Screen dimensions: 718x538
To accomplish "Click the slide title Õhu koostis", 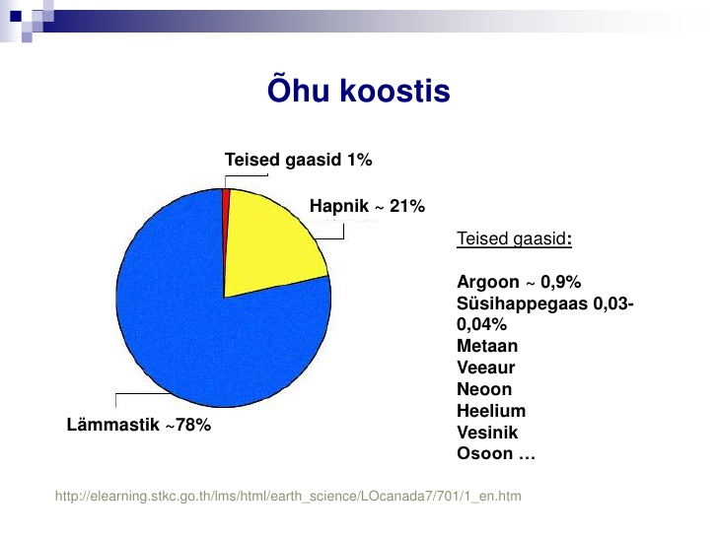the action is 359,90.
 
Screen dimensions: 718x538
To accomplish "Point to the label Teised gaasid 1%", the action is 298,160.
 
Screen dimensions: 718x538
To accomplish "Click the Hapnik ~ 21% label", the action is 367,206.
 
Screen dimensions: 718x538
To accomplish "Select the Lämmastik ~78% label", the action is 139,425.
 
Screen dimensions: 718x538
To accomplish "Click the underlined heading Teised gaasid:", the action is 514,238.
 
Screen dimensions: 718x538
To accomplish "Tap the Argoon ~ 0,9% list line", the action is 519,282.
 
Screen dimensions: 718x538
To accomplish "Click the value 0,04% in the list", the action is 481,324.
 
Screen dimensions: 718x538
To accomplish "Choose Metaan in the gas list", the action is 487,346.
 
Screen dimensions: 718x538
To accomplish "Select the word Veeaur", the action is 486,368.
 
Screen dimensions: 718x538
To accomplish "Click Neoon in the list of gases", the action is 484,389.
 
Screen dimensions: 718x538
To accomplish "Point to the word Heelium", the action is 491,410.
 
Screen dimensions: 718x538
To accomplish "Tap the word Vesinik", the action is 487,432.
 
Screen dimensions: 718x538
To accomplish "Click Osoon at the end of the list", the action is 485,453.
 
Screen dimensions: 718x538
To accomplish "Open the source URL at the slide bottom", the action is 288,497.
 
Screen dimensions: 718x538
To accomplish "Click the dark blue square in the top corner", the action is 16,16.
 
